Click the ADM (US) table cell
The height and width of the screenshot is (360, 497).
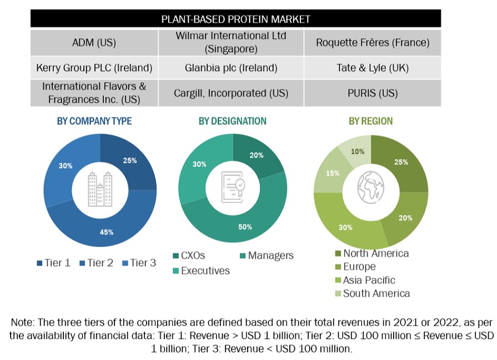[x=94, y=42]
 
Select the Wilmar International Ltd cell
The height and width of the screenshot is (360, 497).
[x=230, y=42]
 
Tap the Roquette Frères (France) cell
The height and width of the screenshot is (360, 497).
[x=372, y=42]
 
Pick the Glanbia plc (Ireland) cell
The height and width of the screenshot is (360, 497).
[x=230, y=68]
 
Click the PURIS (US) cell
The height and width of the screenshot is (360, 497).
[x=372, y=93]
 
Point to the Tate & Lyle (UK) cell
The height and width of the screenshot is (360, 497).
[x=372, y=68]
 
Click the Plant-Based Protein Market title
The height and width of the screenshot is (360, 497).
[x=235, y=19]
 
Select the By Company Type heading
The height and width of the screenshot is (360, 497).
[x=94, y=121]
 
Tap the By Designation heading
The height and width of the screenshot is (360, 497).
[x=232, y=121]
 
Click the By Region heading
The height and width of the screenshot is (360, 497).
[x=370, y=121]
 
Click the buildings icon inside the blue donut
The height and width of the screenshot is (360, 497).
[x=101, y=190]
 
